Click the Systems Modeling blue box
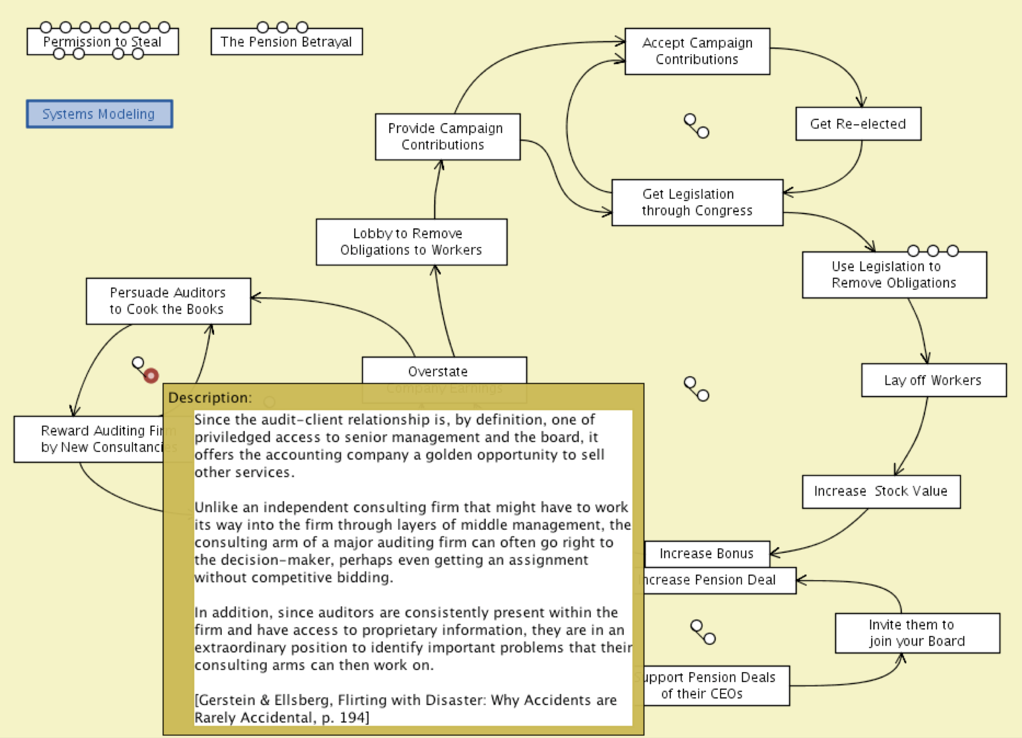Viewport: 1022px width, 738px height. tap(99, 114)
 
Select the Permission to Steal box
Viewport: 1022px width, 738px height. tap(102, 41)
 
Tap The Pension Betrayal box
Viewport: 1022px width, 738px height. tap(286, 42)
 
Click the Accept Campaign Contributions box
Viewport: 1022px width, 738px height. tap(697, 51)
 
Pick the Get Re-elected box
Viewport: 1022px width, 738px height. tap(858, 124)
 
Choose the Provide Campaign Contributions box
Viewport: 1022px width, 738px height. tap(447, 136)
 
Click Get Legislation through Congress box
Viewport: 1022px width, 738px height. tap(697, 202)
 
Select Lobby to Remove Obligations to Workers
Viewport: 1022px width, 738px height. tap(411, 242)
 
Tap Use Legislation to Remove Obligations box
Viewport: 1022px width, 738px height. tap(893, 275)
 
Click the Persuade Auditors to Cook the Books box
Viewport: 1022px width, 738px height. tap(168, 301)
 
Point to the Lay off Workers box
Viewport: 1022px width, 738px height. tap(933, 380)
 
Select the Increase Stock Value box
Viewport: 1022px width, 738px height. tap(881, 491)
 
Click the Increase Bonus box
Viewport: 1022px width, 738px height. tap(707, 553)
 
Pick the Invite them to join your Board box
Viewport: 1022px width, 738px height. tap(916, 633)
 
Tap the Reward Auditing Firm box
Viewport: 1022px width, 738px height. tap(90, 439)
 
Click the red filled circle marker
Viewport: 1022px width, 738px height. tap(151, 375)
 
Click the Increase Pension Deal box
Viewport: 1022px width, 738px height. tap(719, 580)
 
